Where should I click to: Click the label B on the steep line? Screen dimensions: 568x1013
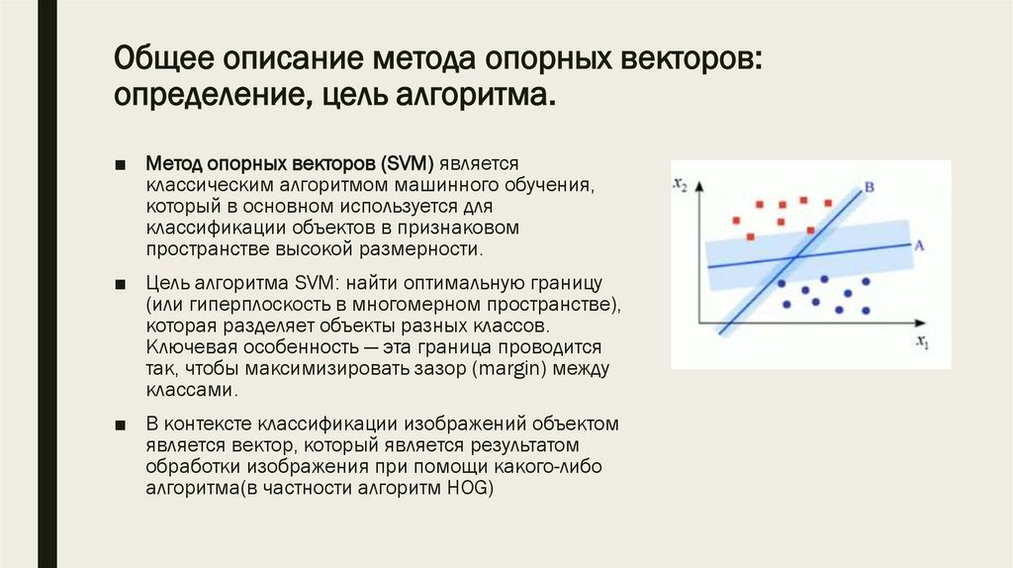click(869, 186)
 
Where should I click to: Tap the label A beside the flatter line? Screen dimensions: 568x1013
click(919, 243)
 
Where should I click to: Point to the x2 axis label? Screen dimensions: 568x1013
click(680, 184)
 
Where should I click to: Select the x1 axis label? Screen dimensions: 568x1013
click(922, 343)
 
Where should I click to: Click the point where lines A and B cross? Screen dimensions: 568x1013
click(793, 256)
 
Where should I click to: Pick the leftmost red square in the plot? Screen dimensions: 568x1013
click(734, 220)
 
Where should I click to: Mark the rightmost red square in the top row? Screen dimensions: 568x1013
click(826, 200)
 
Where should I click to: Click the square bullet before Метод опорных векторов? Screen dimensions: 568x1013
click(120, 162)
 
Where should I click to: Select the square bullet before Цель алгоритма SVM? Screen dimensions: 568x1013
click(120, 282)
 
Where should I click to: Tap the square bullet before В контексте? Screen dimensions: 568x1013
click(120, 425)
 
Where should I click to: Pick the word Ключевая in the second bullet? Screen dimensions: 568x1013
click(181, 347)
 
